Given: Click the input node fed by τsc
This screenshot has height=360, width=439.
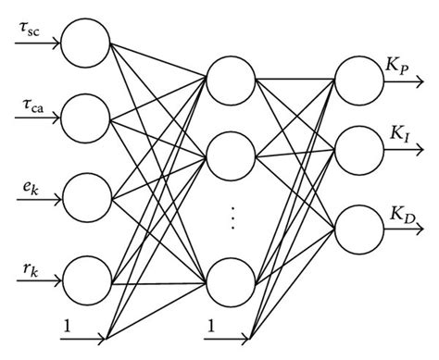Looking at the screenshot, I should coord(88,43).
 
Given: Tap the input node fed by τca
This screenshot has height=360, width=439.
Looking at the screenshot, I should coord(88,118).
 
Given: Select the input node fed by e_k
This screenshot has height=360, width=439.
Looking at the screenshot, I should coord(88,196).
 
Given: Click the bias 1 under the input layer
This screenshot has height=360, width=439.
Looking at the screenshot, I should coord(67,325).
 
